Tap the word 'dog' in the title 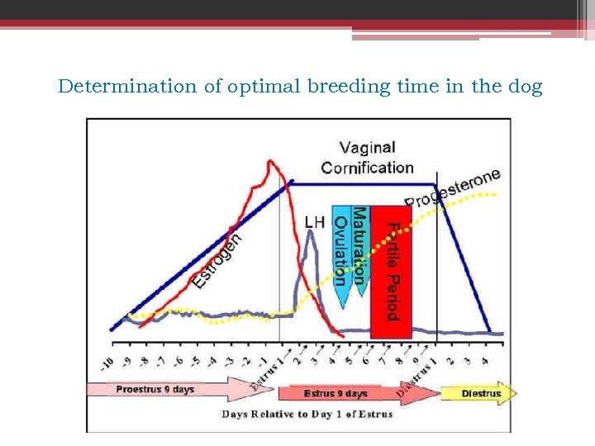click(x=525, y=86)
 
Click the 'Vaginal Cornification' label click(x=367, y=157)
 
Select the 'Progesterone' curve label click(x=453, y=189)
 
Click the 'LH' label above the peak click(x=315, y=221)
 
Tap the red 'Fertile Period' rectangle click(x=391, y=272)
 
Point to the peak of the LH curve click(x=310, y=233)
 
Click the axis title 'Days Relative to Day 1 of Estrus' click(x=307, y=414)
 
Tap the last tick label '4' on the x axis click(x=485, y=361)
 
